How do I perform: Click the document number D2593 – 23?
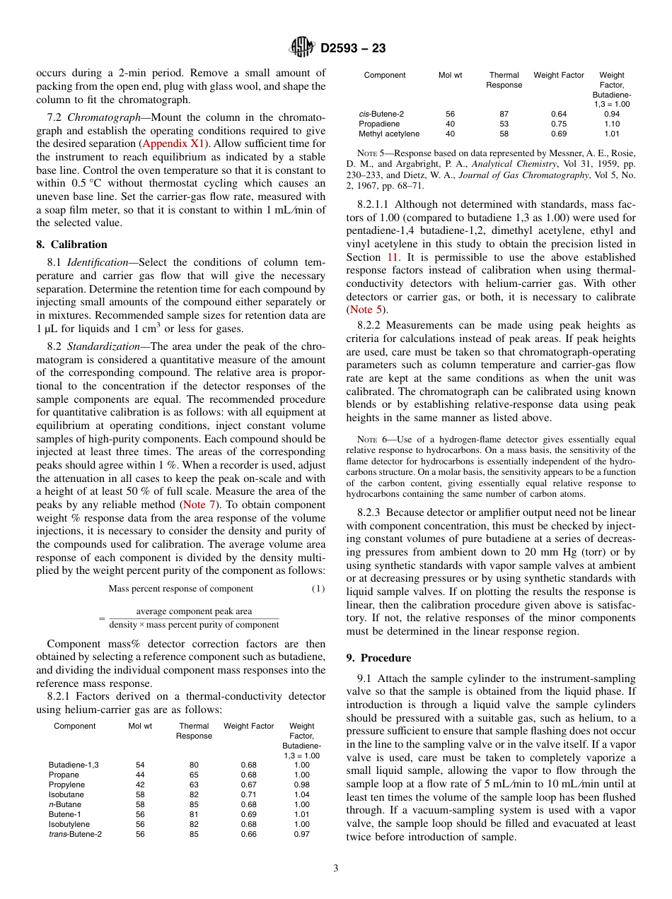(x=353, y=49)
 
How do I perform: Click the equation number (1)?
(x=318, y=589)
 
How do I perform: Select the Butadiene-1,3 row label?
(x=74, y=765)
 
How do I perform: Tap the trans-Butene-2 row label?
(x=75, y=834)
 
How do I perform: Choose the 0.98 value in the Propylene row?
(x=301, y=785)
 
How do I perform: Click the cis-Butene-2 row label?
(x=381, y=114)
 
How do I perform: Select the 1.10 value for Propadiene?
(x=612, y=124)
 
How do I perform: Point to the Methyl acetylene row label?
(x=388, y=134)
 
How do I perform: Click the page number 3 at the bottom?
(x=336, y=868)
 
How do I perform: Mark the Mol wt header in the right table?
(x=450, y=75)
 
